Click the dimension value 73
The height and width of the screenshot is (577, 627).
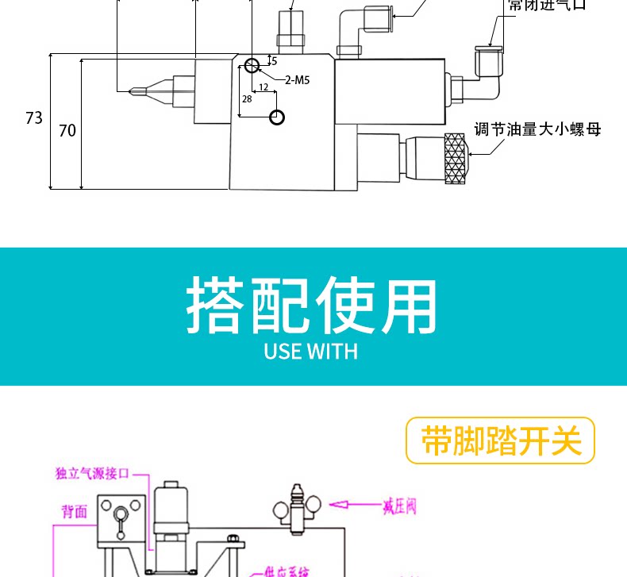point(33,118)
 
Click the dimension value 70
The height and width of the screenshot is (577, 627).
point(67,129)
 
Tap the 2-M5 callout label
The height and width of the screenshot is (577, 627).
point(297,79)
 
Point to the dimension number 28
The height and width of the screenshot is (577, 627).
point(247,99)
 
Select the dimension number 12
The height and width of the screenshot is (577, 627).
point(263,87)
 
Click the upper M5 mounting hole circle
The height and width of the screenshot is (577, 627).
point(252,65)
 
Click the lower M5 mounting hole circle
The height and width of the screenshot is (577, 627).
point(276,117)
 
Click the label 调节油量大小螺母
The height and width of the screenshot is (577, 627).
point(537,129)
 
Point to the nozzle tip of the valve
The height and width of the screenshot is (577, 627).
point(133,91)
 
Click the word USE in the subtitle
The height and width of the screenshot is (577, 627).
point(281,351)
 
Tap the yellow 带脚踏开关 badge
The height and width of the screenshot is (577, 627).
point(500,440)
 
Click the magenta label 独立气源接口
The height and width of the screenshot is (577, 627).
point(92,474)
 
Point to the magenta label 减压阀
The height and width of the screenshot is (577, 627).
point(398,506)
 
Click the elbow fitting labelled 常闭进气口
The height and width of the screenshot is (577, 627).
point(487,63)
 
